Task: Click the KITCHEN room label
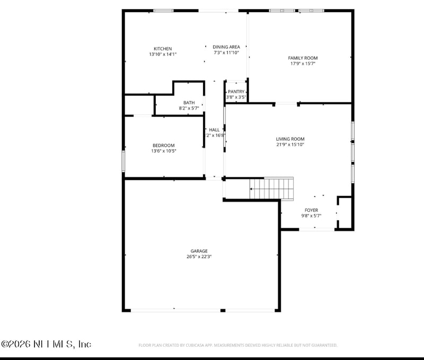[163, 49]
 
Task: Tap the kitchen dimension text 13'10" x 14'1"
[163, 54]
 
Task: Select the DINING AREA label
[226, 47]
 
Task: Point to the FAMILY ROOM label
[303, 58]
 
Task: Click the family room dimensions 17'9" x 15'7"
[303, 64]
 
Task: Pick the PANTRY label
[236, 92]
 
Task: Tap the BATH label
[189, 103]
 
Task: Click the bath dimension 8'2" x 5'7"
[189, 108]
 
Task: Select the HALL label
[214, 130]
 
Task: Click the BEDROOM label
[163, 146]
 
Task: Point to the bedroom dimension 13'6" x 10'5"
[163, 151]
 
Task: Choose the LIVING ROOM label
[290, 139]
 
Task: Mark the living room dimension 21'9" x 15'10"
[290, 145]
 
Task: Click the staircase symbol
[271, 188]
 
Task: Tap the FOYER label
[311, 210]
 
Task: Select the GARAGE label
[199, 251]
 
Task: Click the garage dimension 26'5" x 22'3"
[199, 256]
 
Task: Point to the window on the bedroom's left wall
[123, 161]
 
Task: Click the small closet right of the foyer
[344, 213]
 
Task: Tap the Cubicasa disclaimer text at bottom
[237, 345]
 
